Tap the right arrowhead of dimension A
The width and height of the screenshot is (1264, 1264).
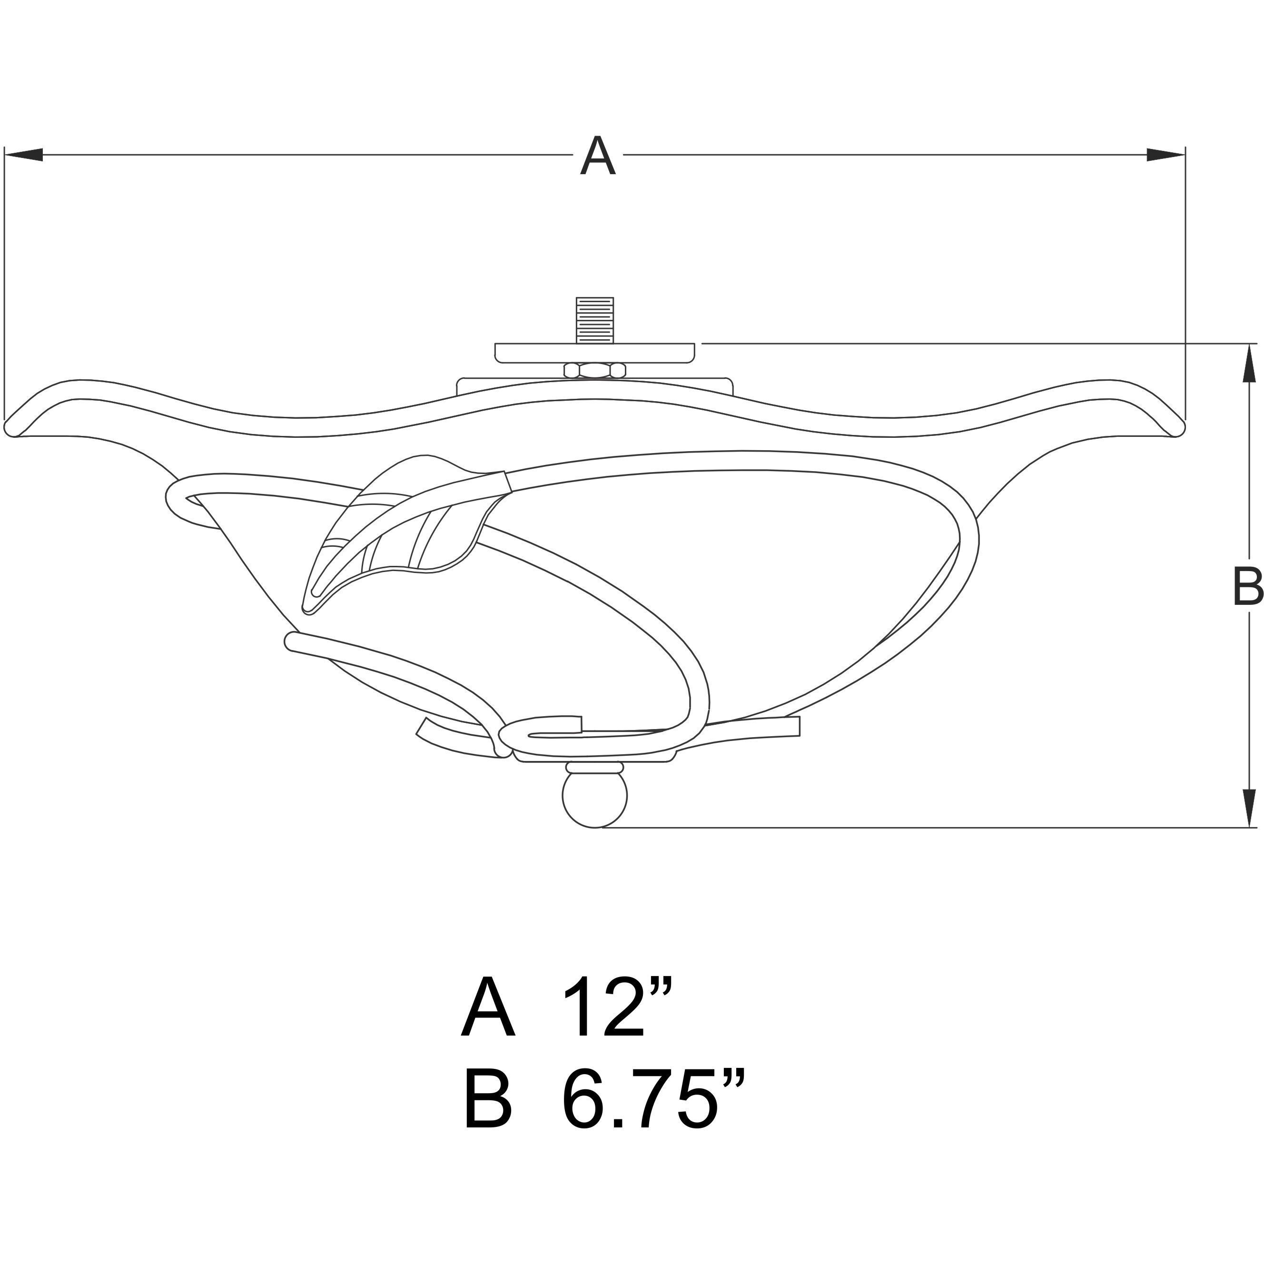point(1166,155)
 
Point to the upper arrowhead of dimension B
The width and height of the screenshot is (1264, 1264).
point(1248,363)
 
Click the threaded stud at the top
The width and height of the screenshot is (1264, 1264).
point(594,320)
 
